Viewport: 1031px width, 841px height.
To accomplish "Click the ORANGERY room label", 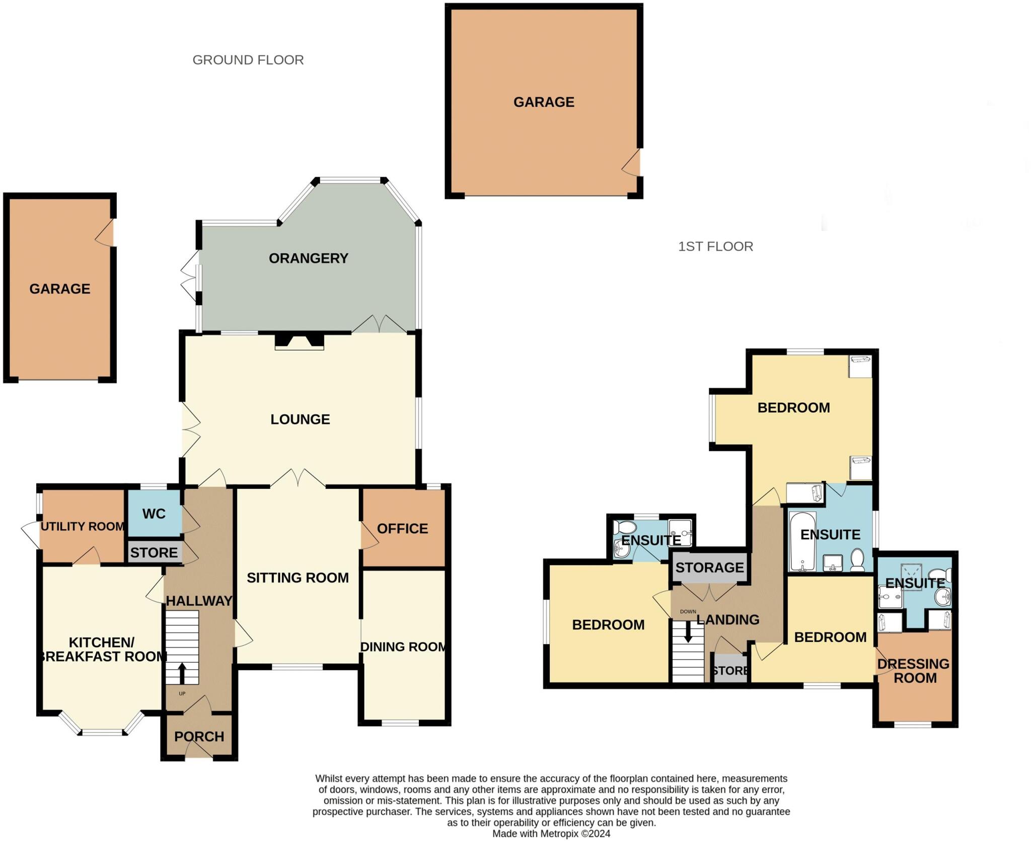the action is coord(308,258).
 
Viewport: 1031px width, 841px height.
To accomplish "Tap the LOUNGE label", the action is coord(300,419).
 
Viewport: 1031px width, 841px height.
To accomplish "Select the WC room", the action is coord(154,513).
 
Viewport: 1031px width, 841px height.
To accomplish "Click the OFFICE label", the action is coord(402,528).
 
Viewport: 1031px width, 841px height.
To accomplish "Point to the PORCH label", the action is coord(199,737).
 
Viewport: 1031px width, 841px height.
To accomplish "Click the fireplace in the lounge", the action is coord(299,342).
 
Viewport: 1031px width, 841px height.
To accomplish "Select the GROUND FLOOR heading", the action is coord(248,60).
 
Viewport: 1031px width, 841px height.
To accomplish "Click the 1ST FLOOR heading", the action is coord(715,246).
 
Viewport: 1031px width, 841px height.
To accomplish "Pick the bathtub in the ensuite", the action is coord(802,541).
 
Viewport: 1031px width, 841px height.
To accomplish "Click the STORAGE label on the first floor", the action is coord(709,568).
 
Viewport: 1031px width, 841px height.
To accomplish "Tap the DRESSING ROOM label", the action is coord(914,671).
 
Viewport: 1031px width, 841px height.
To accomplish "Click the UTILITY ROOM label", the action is coord(83,526).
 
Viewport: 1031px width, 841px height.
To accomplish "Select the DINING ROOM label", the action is coord(403,647).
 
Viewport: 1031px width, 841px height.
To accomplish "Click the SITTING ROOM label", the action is coord(298,578).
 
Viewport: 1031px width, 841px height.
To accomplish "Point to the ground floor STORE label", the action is coord(154,552).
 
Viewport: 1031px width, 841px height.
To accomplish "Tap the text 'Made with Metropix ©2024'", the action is coord(551,833).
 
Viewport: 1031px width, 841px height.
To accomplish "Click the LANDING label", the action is coord(728,619).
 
